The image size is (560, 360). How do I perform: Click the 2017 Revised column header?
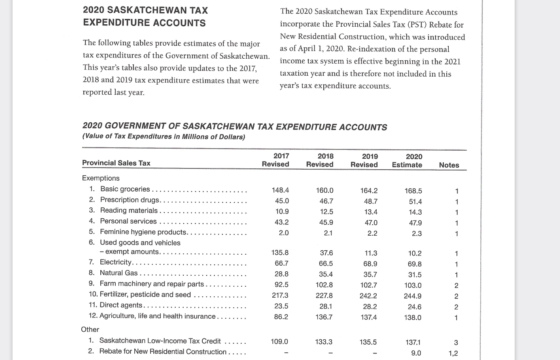tap(276, 160)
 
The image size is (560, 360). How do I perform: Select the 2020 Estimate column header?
tap(407, 161)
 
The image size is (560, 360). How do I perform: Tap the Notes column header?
tap(449, 165)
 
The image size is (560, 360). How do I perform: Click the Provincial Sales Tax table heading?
tap(116, 163)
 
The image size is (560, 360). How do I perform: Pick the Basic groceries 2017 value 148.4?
tap(281, 190)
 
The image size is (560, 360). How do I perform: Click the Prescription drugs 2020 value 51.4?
tap(415, 202)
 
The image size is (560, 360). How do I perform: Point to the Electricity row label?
tap(116, 262)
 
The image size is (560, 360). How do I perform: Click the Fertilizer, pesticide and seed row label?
tap(145, 294)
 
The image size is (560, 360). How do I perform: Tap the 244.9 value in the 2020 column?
tap(413, 296)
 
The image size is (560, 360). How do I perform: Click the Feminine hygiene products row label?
tap(143, 232)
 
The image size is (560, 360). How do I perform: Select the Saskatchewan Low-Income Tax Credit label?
tap(160, 341)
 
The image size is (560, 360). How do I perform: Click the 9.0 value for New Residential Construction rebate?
tap(416, 353)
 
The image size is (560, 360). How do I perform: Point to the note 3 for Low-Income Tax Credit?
tap(456, 343)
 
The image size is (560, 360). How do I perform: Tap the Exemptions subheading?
tap(101, 178)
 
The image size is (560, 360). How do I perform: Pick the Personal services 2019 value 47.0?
tap(371, 223)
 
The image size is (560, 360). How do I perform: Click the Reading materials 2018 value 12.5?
tap(326, 211)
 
